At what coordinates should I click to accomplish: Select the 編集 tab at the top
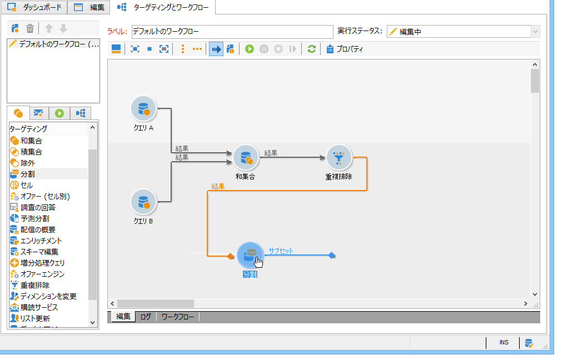click(89, 7)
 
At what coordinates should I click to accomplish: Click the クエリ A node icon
click(143, 108)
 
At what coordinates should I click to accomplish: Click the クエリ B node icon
click(143, 201)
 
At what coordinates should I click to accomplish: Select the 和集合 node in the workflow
click(246, 158)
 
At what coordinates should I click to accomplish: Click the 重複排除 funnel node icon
click(339, 158)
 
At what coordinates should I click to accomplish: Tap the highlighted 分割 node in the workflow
click(250, 256)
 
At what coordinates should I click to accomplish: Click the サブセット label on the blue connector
click(281, 251)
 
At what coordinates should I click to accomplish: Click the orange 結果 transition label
click(218, 187)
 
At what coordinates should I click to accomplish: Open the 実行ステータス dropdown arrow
click(535, 32)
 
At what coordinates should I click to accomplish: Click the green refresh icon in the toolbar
click(311, 49)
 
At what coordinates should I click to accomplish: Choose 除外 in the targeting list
click(28, 163)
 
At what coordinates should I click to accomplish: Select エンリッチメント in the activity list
click(41, 241)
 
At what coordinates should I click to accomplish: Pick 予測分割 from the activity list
click(34, 218)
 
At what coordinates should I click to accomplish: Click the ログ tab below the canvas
click(146, 317)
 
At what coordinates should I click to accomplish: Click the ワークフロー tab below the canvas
click(178, 317)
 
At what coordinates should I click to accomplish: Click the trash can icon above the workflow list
click(30, 28)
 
